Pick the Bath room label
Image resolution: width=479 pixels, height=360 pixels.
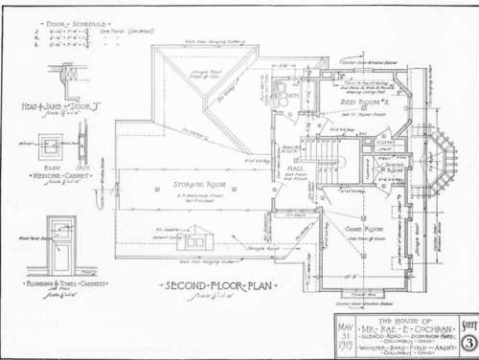(x=288, y=96)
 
